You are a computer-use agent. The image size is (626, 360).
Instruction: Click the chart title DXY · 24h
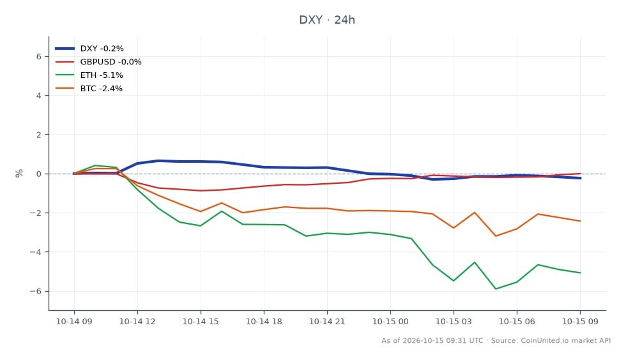327,20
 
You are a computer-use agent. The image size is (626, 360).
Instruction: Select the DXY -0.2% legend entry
89,49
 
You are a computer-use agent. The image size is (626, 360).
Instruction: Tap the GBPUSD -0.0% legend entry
98,62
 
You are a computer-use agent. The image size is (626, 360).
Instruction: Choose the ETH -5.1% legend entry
89,75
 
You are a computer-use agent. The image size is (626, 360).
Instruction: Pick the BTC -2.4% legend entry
89,89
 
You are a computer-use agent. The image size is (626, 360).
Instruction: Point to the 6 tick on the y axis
39,57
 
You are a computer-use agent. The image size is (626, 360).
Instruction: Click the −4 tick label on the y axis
36,252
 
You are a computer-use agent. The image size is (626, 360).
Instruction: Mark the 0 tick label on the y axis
39,174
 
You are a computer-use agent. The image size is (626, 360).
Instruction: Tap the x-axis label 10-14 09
74,321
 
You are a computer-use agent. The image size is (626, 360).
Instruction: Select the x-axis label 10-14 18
263,321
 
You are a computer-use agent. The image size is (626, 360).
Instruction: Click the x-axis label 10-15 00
390,321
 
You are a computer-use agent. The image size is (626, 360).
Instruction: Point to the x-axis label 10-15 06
517,321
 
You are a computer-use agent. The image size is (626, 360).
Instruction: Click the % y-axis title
19,173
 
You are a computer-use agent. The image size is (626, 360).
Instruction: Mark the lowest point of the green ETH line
496,289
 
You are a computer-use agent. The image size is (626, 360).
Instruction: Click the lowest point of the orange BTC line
496,236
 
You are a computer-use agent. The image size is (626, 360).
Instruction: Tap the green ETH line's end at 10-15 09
580,273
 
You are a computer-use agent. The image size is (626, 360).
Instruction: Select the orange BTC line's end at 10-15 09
580,221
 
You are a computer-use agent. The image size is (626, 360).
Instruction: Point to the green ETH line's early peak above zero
95,165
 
